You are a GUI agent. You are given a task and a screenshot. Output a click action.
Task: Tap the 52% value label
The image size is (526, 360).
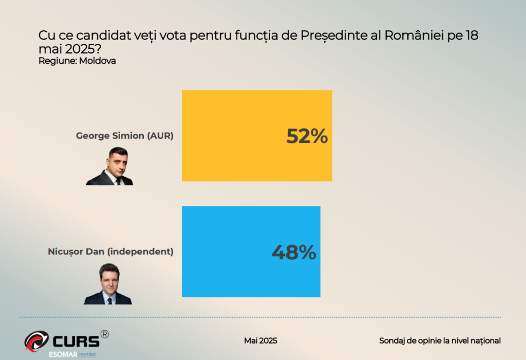pos(307,136)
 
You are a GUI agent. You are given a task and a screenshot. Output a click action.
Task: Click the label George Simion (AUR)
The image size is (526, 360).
pos(125,136)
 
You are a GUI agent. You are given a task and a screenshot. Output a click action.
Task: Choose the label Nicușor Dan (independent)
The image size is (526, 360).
pos(110,252)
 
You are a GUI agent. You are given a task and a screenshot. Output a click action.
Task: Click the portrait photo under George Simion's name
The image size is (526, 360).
pos(110,166)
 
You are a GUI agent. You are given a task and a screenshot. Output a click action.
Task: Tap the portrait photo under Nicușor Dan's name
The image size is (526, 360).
pos(108,284)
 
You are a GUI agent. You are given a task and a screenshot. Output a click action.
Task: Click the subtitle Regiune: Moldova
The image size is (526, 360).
pos(77,61)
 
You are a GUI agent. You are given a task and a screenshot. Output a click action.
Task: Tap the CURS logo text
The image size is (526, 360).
pos(75,340)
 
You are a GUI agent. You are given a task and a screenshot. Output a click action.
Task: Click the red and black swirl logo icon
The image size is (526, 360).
pos(36,342)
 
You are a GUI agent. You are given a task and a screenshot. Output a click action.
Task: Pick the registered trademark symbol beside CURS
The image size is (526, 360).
pos(104,334)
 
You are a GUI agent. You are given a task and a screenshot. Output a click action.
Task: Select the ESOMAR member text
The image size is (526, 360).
pos(72,354)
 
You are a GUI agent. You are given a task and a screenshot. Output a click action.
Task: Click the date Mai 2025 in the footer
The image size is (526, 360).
pos(260,340)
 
